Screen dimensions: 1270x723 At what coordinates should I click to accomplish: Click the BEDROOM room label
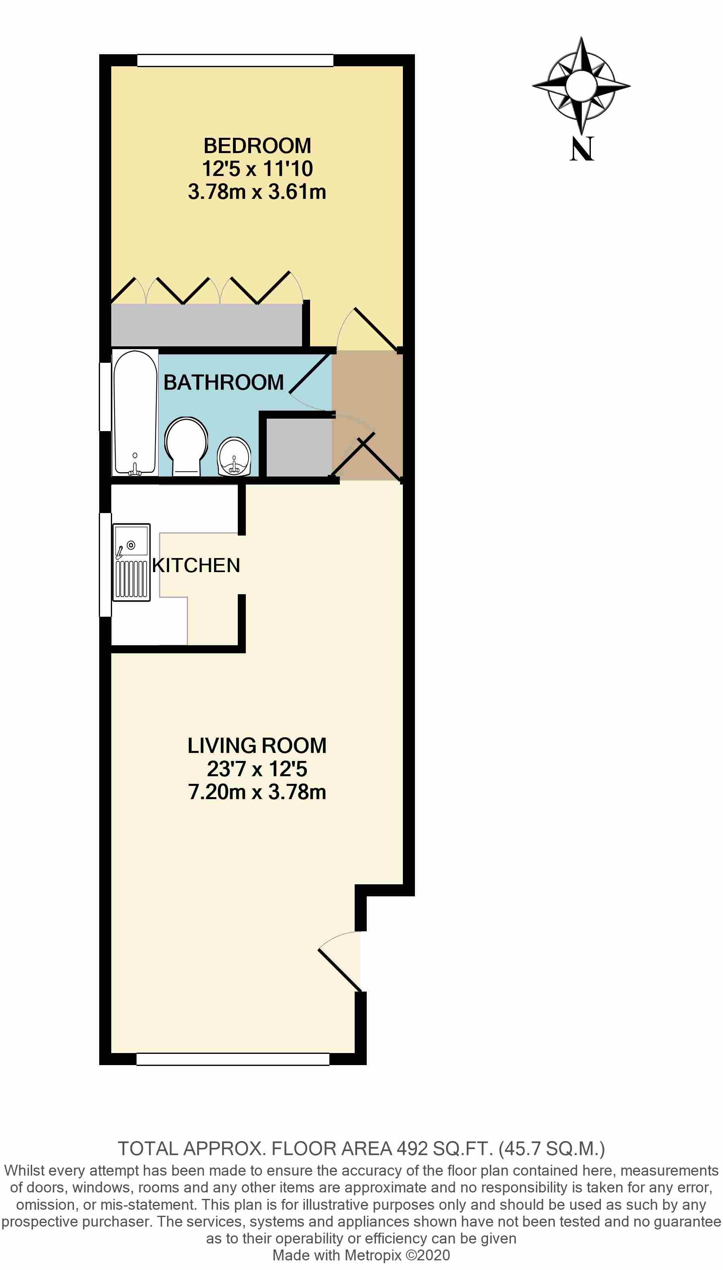pyautogui.click(x=257, y=145)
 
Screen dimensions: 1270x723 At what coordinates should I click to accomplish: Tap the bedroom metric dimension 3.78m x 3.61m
pyautogui.click(x=257, y=192)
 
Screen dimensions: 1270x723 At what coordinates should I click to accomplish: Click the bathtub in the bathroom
pyautogui.click(x=135, y=412)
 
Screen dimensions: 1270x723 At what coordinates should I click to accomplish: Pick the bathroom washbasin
pyautogui.click(x=234, y=456)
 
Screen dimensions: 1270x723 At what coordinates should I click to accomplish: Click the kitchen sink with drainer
pyautogui.click(x=131, y=562)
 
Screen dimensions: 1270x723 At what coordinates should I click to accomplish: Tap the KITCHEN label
pyautogui.click(x=196, y=565)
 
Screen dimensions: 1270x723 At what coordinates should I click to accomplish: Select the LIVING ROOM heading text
pyautogui.click(x=257, y=746)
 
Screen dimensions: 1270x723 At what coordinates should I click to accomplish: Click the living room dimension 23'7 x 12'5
pyautogui.click(x=257, y=769)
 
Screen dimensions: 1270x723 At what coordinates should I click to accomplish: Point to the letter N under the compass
pyautogui.click(x=582, y=149)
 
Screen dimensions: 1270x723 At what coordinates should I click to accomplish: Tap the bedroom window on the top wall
pyautogui.click(x=235, y=61)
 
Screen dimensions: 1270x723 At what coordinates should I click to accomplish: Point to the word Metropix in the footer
pyautogui.click(x=373, y=1255)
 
